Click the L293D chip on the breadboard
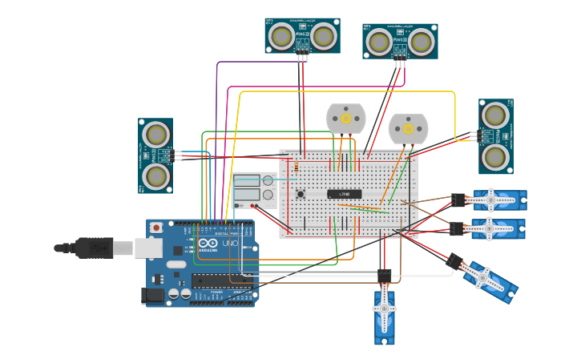pyautogui.click(x=344, y=194)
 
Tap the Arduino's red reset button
pyautogui.click(x=155, y=228)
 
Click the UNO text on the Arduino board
pyautogui.click(x=229, y=243)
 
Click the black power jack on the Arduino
pyautogui.click(x=154, y=296)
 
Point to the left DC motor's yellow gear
pyautogui.click(x=346, y=118)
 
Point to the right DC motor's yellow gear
pyautogui.click(x=408, y=128)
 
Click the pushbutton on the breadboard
pyautogui.click(x=301, y=193)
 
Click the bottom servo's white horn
pyautogui.click(x=384, y=309)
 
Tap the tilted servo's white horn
pyautogui.click(x=484, y=277)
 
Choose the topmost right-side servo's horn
pyautogui.click(x=491, y=200)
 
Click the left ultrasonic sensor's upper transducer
pyautogui.click(x=155, y=135)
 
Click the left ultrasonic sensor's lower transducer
pyautogui.click(x=155, y=175)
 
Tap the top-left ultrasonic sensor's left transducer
pyautogui.click(x=281, y=36)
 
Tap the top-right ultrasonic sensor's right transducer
pyautogui.click(x=421, y=42)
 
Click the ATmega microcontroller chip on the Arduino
pyautogui.click(x=220, y=280)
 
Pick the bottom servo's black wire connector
pyautogui.click(x=384, y=276)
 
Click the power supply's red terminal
pyautogui.click(x=252, y=205)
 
